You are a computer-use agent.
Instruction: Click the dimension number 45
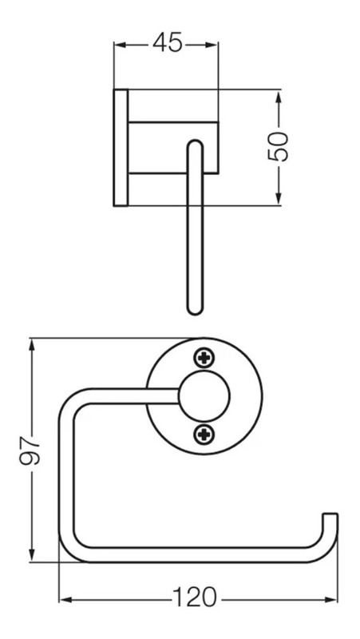click(168, 42)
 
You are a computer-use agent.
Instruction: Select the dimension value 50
click(278, 146)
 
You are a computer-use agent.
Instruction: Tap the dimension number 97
click(30, 450)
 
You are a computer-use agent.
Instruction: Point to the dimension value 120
click(195, 597)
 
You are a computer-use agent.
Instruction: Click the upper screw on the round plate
click(204, 358)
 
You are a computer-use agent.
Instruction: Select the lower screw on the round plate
click(204, 434)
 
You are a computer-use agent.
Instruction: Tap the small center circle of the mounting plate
click(204, 396)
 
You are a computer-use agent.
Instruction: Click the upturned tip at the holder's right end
click(330, 517)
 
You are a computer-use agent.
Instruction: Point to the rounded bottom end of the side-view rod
click(195, 309)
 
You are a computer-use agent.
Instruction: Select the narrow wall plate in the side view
click(121, 148)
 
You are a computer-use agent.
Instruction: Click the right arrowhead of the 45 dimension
click(212, 45)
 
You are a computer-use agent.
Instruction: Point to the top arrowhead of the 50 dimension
click(279, 96)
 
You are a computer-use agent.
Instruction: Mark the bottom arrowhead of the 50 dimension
click(279, 198)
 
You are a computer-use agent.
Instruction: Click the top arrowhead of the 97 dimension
click(32, 345)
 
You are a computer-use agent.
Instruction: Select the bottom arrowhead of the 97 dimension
click(32, 555)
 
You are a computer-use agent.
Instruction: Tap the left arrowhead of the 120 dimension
click(66, 600)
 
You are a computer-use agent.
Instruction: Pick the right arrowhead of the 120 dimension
click(331, 600)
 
